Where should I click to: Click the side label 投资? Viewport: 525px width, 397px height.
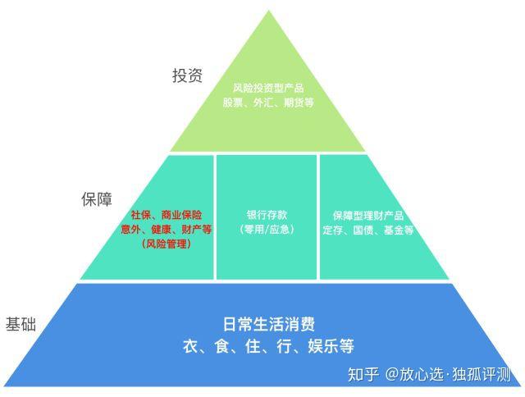[x=187, y=75]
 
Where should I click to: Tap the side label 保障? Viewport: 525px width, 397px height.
[x=96, y=199]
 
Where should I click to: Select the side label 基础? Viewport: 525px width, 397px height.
[x=21, y=323]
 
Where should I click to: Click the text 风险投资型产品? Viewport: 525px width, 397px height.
[x=267, y=86]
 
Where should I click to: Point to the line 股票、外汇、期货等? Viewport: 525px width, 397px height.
[x=267, y=103]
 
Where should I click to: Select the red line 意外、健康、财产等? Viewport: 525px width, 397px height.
[x=166, y=229]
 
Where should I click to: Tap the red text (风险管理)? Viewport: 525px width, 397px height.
[x=166, y=244]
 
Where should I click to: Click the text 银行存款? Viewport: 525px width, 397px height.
[x=267, y=214]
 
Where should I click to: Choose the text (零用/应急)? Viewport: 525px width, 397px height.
[x=267, y=229]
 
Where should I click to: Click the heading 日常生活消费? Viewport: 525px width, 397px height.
[x=267, y=323]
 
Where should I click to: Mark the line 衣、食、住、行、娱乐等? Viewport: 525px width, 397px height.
[x=267, y=345]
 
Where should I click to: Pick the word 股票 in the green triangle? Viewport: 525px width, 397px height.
[x=232, y=103]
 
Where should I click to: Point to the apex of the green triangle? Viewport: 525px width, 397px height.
[x=267, y=11]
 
